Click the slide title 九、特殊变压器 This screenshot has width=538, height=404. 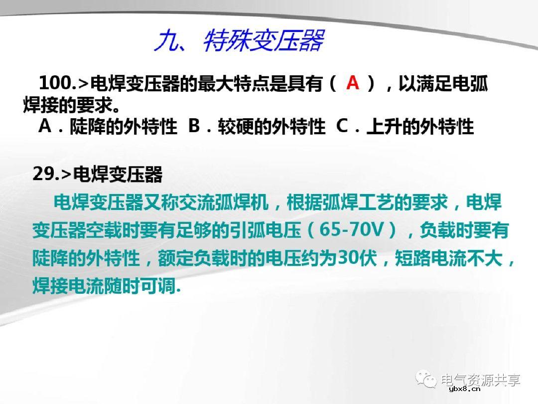239,40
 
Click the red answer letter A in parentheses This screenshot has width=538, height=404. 353,82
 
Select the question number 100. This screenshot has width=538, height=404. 55,83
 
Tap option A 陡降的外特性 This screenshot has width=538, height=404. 108,127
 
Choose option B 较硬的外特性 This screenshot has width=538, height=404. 257,127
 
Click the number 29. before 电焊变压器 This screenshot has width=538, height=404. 45,174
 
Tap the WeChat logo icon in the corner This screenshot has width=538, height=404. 428,380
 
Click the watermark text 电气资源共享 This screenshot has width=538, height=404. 481,380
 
